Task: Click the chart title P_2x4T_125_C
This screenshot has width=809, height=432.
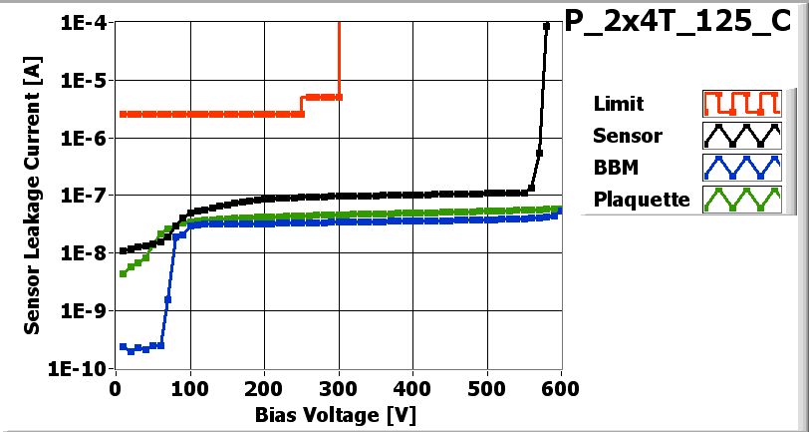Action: coord(683,24)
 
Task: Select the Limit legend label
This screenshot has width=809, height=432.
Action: coord(618,104)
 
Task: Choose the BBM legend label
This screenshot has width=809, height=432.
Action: coord(613,167)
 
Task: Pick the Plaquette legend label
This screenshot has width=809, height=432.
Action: coord(641,199)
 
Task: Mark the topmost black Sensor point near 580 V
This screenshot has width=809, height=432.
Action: coord(546,27)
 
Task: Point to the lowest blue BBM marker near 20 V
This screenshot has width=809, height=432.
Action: coord(131,351)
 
